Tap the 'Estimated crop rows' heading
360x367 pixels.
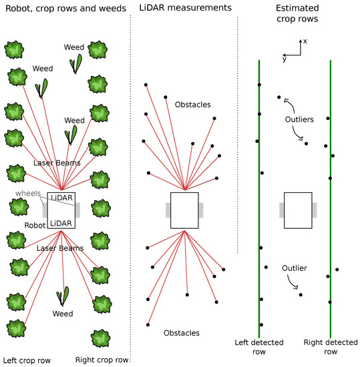[x=297, y=13]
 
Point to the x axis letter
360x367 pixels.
[x=305, y=41]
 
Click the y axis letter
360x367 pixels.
[x=283, y=59]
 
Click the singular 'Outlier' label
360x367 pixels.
[x=294, y=268]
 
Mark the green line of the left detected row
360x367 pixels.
[x=259, y=200]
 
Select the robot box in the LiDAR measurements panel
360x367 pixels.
[x=185, y=210]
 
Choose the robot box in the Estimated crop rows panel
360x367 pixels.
[x=298, y=210]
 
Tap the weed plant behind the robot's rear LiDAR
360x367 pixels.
[x=64, y=296]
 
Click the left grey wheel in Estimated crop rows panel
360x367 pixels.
[x=282, y=210]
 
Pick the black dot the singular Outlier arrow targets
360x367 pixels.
[x=301, y=294]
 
